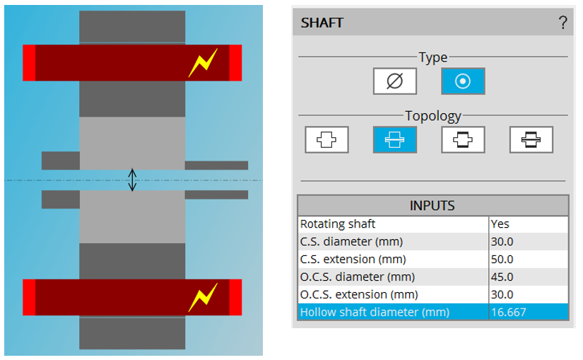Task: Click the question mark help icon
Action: point(563,23)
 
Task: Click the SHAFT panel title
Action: point(322,23)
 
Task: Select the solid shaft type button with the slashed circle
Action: point(395,81)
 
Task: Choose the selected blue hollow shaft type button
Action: point(463,81)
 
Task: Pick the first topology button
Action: point(326,140)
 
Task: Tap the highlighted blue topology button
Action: point(394,140)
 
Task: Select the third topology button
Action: point(463,140)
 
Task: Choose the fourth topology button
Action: point(531,140)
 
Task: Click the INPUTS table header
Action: point(432,206)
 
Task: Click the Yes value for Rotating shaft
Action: point(500,223)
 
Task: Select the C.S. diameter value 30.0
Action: point(502,241)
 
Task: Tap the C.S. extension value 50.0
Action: point(502,259)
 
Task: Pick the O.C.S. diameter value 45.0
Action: point(502,277)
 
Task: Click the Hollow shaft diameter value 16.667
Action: point(507,312)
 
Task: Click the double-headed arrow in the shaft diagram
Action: point(132,180)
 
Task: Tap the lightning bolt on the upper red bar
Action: point(203,64)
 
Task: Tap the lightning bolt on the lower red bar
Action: point(203,298)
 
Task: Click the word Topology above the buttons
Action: point(432,115)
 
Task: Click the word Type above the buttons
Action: point(432,57)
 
